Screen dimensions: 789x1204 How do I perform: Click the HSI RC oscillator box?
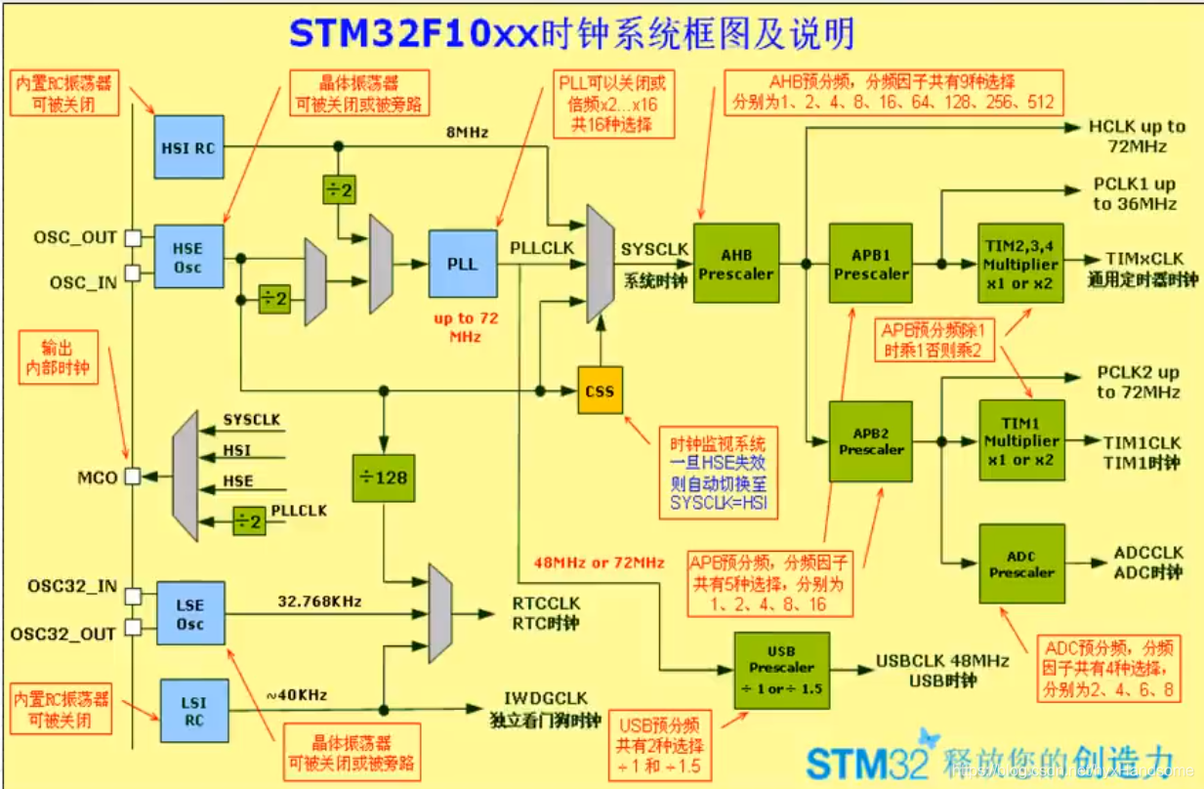click(x=188, y=147)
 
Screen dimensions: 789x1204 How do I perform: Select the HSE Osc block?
click(x=188, y=256)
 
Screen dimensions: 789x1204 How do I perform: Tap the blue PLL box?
click(x=462, y=264)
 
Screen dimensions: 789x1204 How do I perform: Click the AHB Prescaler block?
click(x=737, y=264)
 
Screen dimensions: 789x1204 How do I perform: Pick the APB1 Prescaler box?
click(x=871, y=264)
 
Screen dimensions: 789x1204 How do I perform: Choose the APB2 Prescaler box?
click(x=871, y=441)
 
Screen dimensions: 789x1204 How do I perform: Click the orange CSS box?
click(x=600, y=391)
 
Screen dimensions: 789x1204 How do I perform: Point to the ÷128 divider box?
click(x=384, y=478)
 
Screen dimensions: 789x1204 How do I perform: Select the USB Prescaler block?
click(x=781, y=670)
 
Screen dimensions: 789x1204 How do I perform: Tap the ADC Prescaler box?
click(x=1021, y=563)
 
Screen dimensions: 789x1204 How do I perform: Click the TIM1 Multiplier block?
click(x=1021, y=441)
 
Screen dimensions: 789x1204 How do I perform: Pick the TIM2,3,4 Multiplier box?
click(x=1021, y=264)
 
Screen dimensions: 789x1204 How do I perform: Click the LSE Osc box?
click(x=188, y=614)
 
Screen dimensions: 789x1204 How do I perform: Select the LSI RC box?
click(x=193, y=710)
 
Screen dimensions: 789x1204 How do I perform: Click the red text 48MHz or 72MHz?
click(x=600, y=562)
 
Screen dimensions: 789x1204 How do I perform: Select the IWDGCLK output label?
click(x=545, y=698)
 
